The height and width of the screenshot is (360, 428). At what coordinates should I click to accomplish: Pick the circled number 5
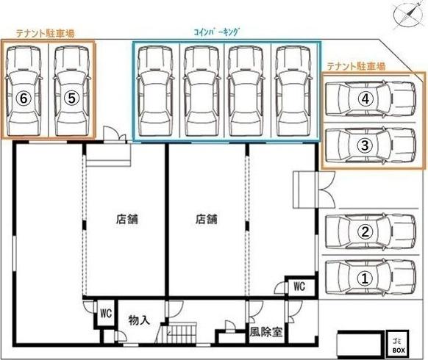[x=71, y=97]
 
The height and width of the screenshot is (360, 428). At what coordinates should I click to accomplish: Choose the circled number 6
[x=24, y=97]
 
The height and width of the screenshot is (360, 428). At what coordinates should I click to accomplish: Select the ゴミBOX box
[x=398, y=344]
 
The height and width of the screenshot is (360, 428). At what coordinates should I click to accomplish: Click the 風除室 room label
[x=266, y=331]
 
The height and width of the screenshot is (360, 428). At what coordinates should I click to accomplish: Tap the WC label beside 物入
[x=105, y=313]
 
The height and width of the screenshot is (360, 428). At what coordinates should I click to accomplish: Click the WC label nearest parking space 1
[x=300, y=286]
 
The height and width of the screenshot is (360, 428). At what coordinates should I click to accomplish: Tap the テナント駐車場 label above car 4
[x=357, y=66]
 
